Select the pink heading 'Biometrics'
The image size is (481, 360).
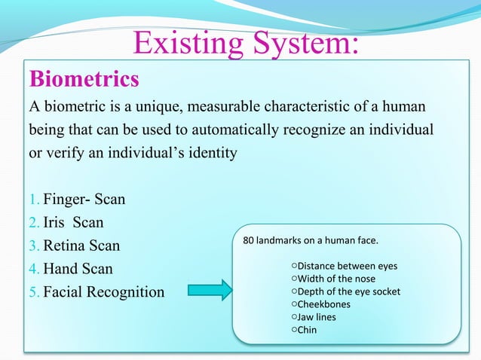[84, 79]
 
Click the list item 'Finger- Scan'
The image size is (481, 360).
[84, 200]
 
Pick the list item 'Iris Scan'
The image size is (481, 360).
[73, 223]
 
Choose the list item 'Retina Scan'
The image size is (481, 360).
[81, 246]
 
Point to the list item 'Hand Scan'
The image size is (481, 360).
[78, 268]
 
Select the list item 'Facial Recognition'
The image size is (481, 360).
[103, 291]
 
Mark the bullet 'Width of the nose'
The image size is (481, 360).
[336, 279]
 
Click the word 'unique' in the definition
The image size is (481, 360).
[176, 105]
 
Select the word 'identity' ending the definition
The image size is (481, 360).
[215, 153]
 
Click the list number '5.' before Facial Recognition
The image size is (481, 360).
[34, 291]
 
